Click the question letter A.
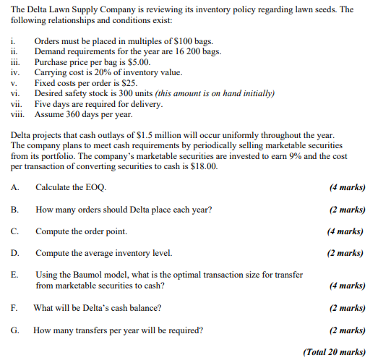15,187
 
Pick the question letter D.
15,253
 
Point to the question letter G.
15,330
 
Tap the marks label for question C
345,231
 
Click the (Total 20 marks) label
335,352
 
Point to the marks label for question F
346,308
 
